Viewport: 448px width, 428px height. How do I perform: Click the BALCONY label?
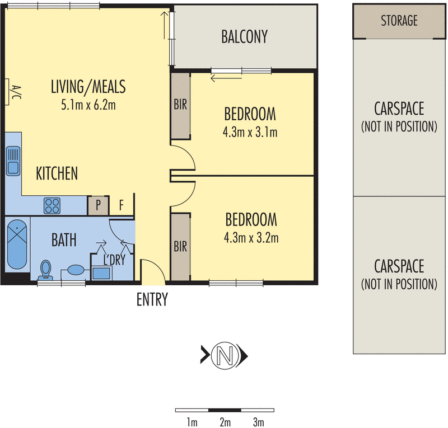244,36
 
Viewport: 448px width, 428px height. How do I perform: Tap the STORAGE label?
399,21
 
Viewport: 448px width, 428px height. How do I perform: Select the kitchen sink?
13,161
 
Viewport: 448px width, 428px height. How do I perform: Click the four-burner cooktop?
52,205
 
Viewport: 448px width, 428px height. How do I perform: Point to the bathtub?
17,244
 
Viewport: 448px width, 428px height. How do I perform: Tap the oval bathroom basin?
76,270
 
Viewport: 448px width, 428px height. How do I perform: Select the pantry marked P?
98,205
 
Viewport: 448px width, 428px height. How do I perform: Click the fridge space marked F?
122,205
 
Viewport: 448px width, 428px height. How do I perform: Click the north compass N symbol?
225,356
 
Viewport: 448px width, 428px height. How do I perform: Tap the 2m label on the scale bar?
225,422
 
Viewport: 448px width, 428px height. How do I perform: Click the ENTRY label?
152,299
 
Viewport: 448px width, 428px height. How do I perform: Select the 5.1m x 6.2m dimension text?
88,105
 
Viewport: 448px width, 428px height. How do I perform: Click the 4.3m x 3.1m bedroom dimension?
250,132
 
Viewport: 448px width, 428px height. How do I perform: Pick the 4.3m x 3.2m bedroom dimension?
251,238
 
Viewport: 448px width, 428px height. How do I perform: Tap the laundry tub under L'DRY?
101,273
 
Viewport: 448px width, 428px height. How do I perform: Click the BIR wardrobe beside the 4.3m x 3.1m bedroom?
180,106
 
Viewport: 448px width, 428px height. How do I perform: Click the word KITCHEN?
57,173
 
